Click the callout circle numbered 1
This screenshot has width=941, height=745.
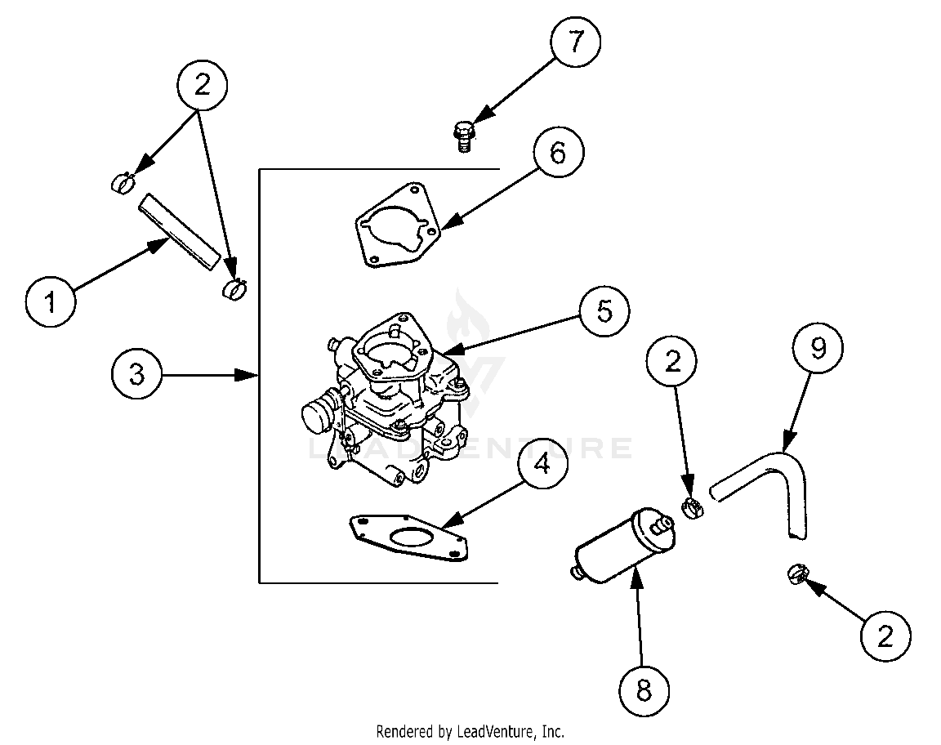point(51,304)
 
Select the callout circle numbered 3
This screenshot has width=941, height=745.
point(136,375)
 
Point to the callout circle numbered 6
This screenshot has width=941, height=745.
point(557,154)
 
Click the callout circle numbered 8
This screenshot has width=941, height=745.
point(644,691)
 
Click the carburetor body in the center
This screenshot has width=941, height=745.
point(392,392)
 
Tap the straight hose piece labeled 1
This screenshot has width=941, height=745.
point(179,230)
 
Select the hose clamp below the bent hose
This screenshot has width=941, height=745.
point(797,574)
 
